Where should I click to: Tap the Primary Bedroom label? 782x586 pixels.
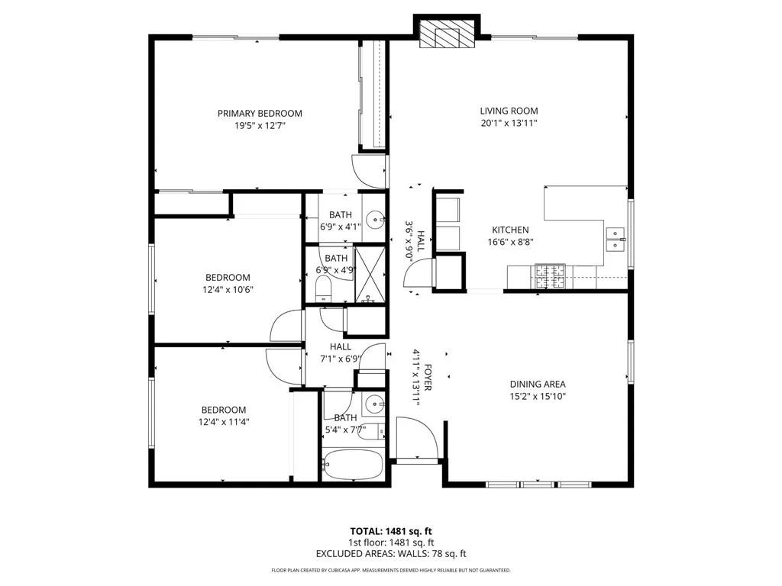[x=260, y=114]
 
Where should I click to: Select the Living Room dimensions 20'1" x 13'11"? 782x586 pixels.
[x=509, y=123]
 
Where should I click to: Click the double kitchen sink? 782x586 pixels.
[x=616, y=240]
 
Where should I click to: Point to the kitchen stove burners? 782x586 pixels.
[x=551, y=275]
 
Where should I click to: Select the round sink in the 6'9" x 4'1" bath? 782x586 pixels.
[x=375, y=221]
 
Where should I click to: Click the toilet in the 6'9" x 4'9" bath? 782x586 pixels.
[x=322, y=289]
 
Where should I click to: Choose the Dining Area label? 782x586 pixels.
[x=538, y=385]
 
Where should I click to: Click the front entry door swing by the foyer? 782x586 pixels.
[x=417, y=438]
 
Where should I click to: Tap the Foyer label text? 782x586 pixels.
[x=428, y=377]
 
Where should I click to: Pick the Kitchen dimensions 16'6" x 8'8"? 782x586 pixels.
[x=509, y=242]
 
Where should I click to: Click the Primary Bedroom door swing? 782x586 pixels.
[x=369, y=169]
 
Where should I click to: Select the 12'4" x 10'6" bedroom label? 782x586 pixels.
[x=227, y=278]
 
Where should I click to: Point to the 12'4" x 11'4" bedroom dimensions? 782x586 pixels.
[x=224, y=421]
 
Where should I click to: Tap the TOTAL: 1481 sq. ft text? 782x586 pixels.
[x=391, y=531]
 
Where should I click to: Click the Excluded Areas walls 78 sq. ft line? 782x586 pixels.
[x=391, y=554]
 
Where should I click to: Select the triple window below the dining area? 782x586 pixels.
[x=539, y=484]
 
